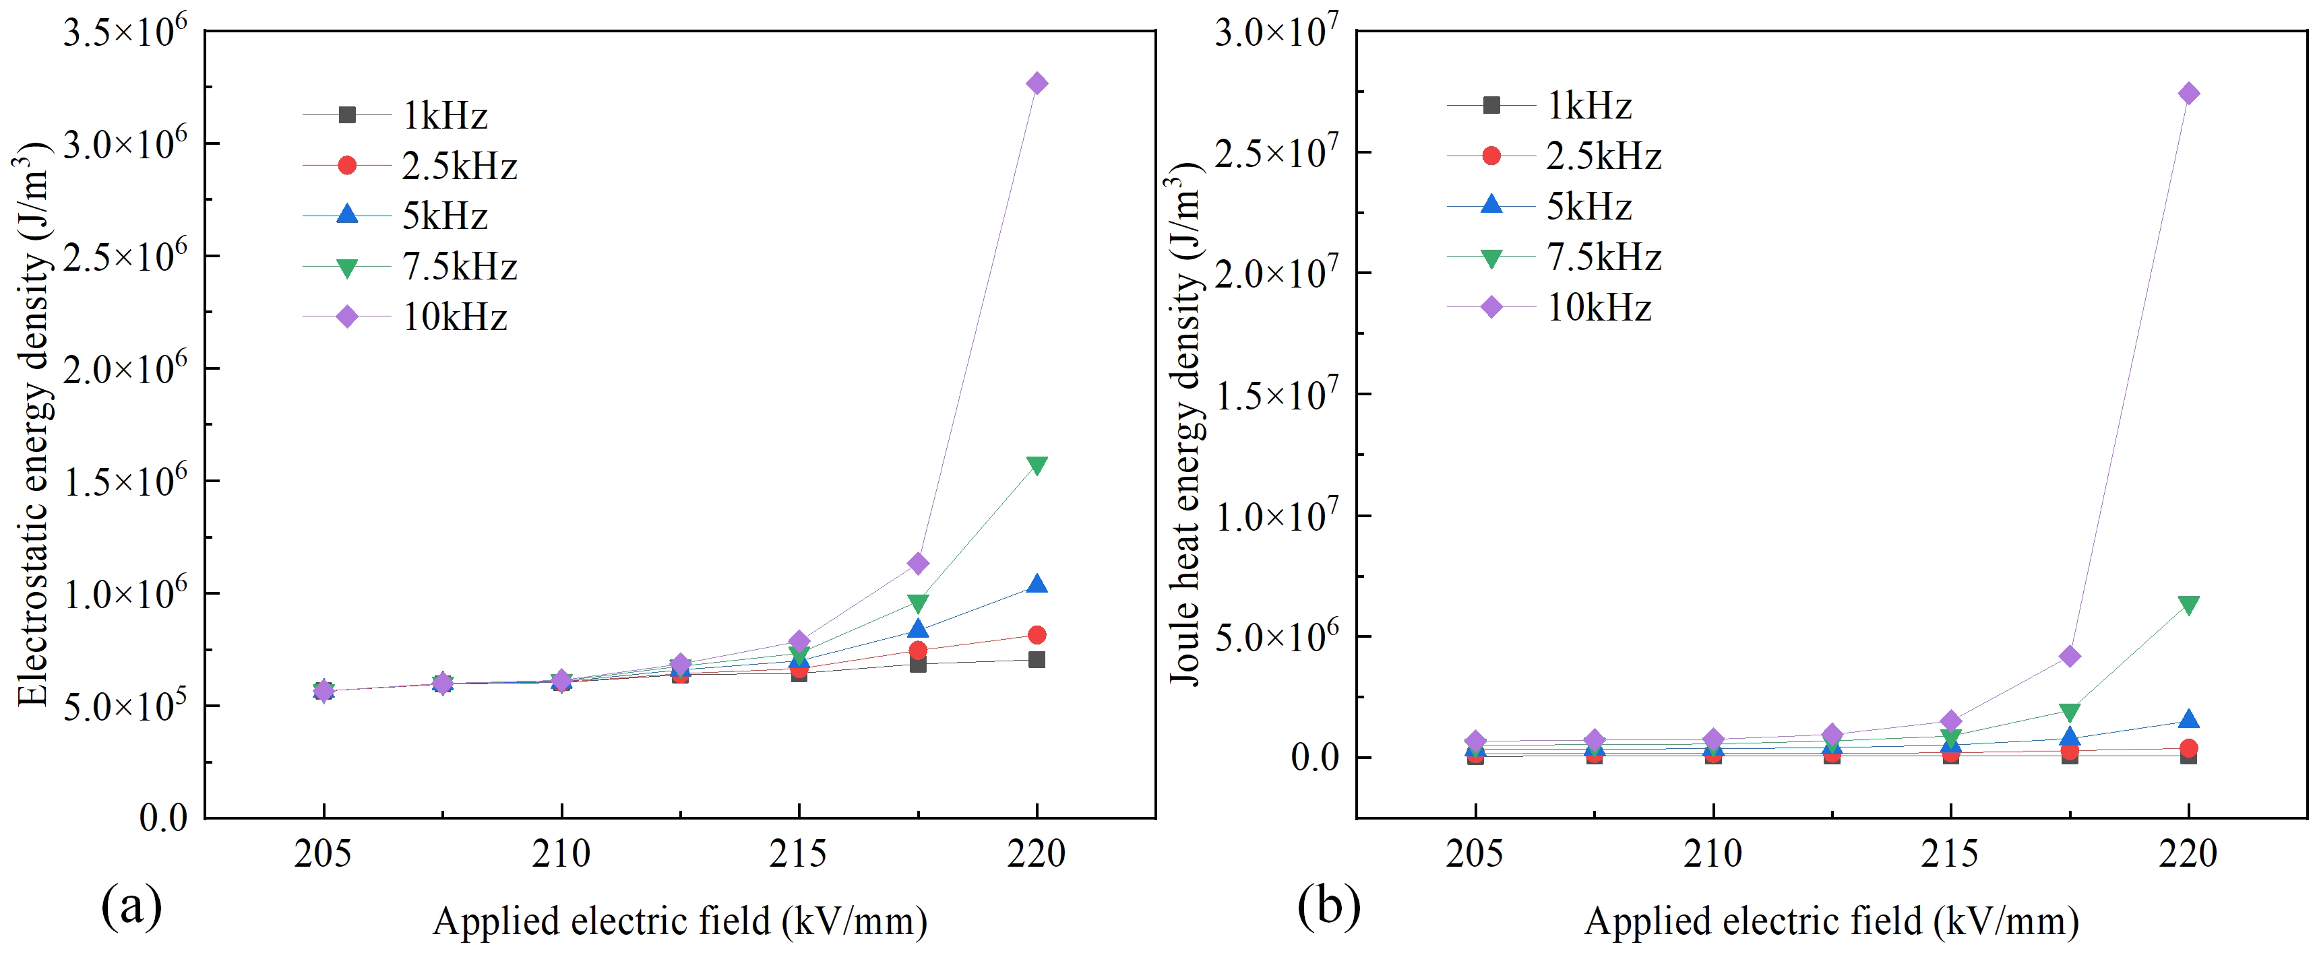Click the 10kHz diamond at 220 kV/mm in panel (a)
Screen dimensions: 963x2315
point(1036,84)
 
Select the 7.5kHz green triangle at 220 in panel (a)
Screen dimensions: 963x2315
point(1036,465)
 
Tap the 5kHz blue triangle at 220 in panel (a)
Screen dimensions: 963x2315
point(1036,584)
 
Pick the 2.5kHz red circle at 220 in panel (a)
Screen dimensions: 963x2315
point(1036,635)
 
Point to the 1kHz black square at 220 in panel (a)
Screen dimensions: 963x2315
point(1036,659)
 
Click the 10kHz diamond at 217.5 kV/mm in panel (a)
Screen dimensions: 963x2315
point(917,563)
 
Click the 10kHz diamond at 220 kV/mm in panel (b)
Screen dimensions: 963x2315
point(2188,94)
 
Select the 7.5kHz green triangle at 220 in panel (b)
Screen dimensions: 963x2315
point(2188,605)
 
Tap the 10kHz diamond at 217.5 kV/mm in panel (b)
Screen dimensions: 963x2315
point(2070,657)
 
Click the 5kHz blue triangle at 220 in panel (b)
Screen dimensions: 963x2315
point(2188,719)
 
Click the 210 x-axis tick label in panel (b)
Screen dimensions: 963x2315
point(1713,853)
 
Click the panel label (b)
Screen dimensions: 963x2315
point(1328,906)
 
